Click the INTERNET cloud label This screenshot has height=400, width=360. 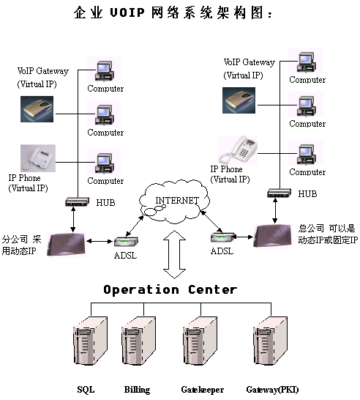point(177,201)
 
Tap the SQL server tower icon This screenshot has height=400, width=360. point(90,341)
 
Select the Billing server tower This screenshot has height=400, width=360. point(138,341)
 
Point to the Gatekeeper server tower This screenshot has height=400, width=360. point(200,341)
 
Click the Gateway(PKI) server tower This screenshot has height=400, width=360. point(271,341)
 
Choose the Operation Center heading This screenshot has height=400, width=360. point(170,290)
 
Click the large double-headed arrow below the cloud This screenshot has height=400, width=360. point(175,254)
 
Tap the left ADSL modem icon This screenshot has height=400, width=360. point(126,241)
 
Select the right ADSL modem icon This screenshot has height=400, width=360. point(222,237)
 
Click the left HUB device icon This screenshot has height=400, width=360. point(78,201)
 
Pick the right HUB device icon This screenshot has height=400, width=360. point(280,193)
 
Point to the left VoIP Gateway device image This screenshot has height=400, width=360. point(37,109)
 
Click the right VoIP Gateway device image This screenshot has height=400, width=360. point(239,100)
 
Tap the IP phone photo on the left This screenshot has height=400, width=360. point(38,158)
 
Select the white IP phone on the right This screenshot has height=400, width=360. point(238,149)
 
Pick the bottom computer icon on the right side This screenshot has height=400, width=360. point(307,154)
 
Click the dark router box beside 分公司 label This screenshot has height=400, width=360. point(67,244)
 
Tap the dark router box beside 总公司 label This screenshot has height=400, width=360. point(273,235)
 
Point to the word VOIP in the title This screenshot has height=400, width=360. point(127,12)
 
